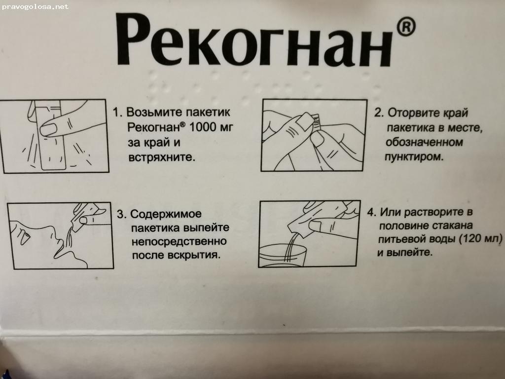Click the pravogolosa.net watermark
coord(35,7)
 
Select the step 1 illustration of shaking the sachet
coord(54,136)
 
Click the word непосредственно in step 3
coord(179,242)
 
